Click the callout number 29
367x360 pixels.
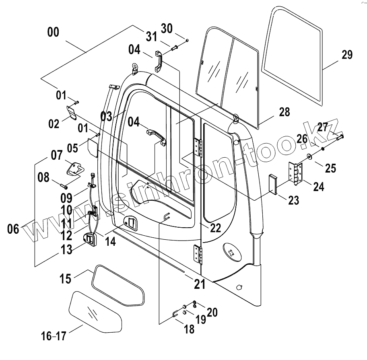pyautogui.click(x=347, y=54)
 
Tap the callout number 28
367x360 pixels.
pyautogui.click(x=284, y=112)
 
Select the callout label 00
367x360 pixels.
pyautogui.click(x=53, y=33)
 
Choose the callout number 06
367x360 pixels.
pyautogui.click(x=13, y=229)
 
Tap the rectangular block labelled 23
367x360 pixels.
pyautogui.click(x=273, y=184)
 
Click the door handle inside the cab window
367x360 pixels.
pyautogui.click(x=155, y=135)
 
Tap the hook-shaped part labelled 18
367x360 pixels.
pyautogui.click(x=176, y=313)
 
